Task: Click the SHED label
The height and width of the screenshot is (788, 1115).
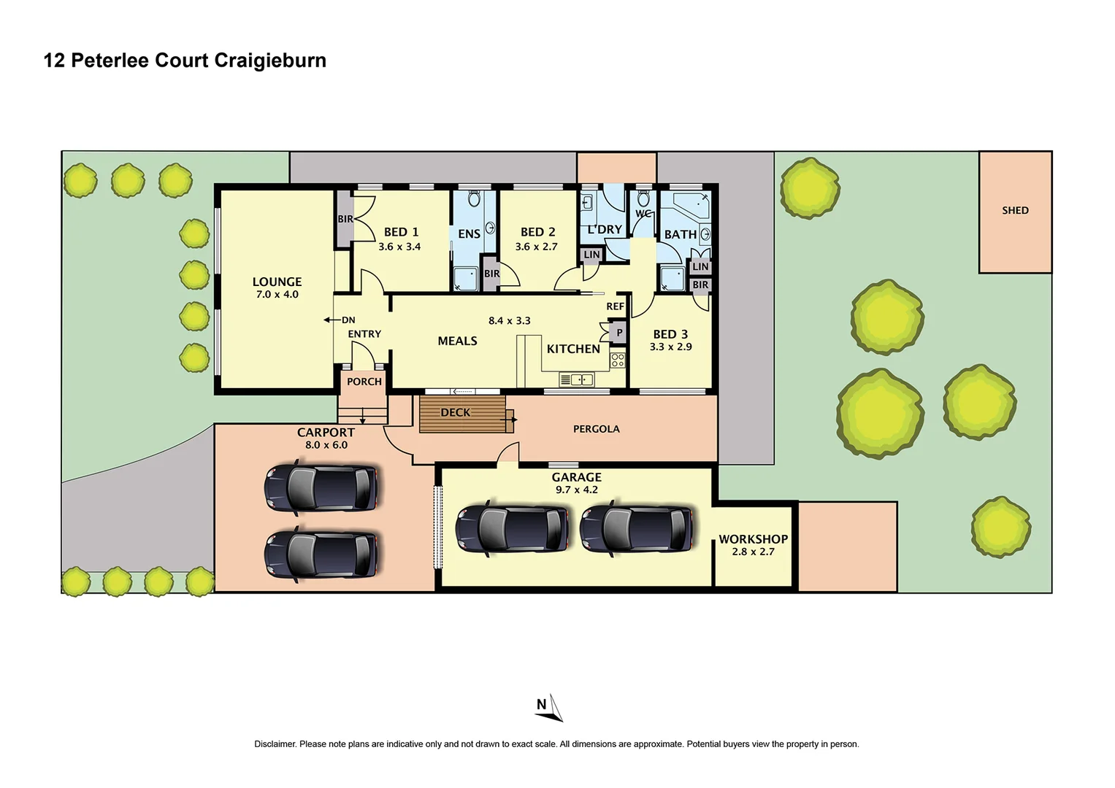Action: pyautogui.click(x=1014, y=210)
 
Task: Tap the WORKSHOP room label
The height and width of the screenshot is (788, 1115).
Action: pyautogui.click(x=753, y=539)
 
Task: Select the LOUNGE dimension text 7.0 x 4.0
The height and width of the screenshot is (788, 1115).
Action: pyautogui.click(x=277, y=295)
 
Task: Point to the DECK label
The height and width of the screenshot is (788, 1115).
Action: pyautogui.click(x=455, y=413)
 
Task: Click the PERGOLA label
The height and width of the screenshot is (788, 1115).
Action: pyautogui.click(x=596, y=429)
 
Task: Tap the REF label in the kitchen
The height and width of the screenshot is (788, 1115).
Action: pyautogui.click(x=615, y=306)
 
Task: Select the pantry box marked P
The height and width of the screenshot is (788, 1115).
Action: pyautogui.click(x=619, y=333)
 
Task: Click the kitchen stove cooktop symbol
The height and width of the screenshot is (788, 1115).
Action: pyautogui.click(x=618, y=360)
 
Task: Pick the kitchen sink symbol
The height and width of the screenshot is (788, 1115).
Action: pyautogui.click(x=576, y=379)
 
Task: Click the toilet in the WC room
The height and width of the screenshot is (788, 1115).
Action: pyautogui.click(x=643, y=199)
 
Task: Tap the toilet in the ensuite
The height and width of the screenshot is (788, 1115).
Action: pyautogui.click(x=473, y=198)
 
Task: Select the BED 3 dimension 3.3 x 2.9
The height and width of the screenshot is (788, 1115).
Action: pyautogui.click(x=670, y=347)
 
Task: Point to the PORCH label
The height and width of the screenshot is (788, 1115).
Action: pyautogui.click(x=364, y=382)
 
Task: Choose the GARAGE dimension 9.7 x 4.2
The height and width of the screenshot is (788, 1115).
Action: pyautogui.click(x=576, y=490)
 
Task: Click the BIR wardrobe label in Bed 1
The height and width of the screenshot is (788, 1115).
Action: pyautogui.click(x=345, y=219)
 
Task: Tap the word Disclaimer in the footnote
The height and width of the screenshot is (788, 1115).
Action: pyautogui.click(x=275, y=744)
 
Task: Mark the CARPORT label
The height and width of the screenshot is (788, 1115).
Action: pyautogui.click(x=326, y=433)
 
